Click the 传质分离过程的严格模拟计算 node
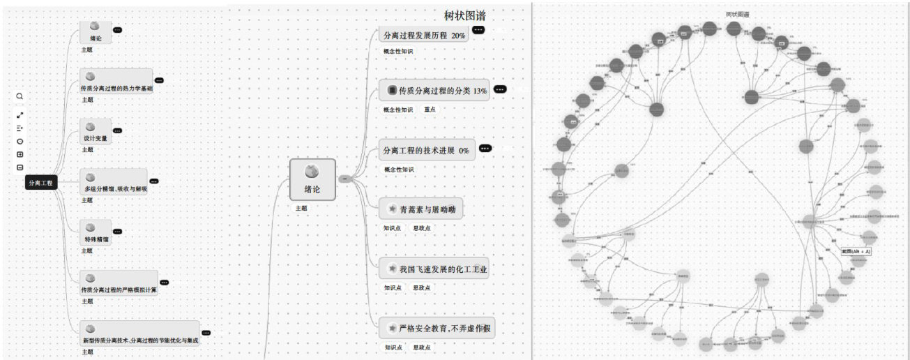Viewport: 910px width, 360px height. click(119, 283)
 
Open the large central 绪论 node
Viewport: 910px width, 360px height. click(312, 180)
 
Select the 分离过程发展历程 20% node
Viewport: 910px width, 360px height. click(424, 35)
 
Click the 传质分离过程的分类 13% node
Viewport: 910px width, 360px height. click(435, 91)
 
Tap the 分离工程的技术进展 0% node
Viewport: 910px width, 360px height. click(425, 150)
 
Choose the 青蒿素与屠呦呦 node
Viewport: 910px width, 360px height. click(422, 209)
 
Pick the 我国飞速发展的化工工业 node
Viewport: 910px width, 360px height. click(434, 269)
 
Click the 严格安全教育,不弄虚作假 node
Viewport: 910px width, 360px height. click(438, 327)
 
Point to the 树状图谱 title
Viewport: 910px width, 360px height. click(465, 15)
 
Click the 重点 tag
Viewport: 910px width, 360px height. click(430, 110)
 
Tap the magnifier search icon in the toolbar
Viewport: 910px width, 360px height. click(20, 96)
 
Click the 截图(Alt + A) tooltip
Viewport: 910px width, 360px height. click(855, 252)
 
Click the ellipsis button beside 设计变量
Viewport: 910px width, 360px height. click(117, 130)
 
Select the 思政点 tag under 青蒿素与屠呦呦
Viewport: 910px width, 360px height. click(421, 228)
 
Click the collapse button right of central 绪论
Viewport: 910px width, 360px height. click(344, 179)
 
